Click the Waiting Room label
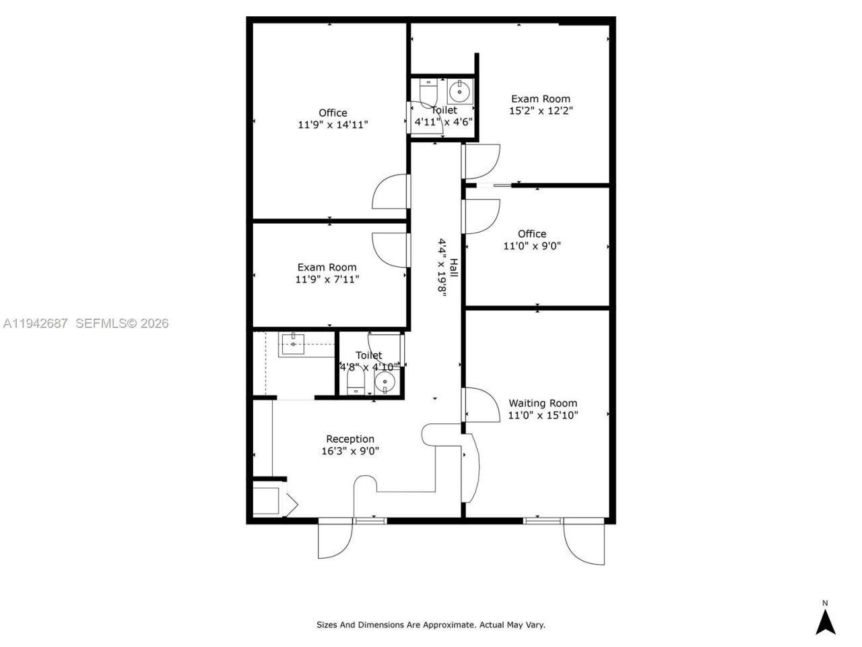click(x=542, y=403)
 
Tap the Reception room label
click(x=350, y=439)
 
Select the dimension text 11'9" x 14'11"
click(x=333, y=125)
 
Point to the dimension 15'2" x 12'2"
click(x=541, y=111)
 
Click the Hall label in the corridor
click(x=454, y=268)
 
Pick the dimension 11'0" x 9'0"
click(x=532, y=246)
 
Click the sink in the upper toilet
click(x=461, y=90)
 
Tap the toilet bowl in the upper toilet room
click(x=428, y=90)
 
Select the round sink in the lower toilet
click(x=385, y=382)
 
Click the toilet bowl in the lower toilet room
click(x=355, y=384)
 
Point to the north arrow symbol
click(x=826, y=622)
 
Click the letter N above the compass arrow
click(x=825, y=603)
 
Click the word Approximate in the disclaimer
click(x=449, y=625)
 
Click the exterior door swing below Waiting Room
click(x=585, y=543)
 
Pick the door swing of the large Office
click(x=389, y=192)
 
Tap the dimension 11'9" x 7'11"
click(x=327, y=279)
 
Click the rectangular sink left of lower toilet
click(x=293, y=344)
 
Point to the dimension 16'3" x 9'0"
click(x=350, y=451)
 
